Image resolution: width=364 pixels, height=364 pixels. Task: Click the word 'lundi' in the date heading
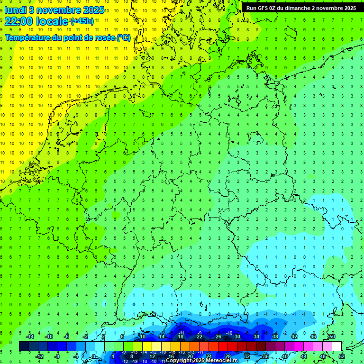click(x=15, y=9)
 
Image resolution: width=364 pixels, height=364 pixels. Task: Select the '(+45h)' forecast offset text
click(x=82, y=21)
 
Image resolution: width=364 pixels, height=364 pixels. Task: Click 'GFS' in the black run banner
click(x=265, y=8)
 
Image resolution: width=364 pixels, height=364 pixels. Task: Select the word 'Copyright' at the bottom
click(x=179, y=361)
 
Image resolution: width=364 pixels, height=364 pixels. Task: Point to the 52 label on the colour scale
click(x=341, y=356)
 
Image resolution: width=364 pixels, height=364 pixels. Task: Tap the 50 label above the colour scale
click(x=332, y=337)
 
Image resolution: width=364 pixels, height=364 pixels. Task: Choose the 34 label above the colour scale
click(x=256, y=337)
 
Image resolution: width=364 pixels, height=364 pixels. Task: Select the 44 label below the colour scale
click(x=303, y=356)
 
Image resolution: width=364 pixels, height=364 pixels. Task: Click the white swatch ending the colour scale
click(x=337, y=346)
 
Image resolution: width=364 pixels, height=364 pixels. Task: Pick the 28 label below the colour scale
click(x=227, y=356)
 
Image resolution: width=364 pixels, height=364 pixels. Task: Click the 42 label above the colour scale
click(x=294, y=337)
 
